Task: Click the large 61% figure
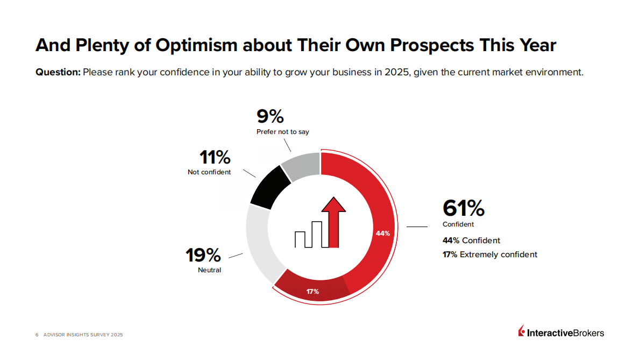pyautogui.click(x=463, y=208)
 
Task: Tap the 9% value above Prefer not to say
pyautogui.click(x=270, y=116)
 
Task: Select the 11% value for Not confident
pyautogui.click(x=215, y=158)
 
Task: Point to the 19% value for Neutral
pyautogui.click(x=203, y=255)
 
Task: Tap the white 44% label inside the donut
pyautogui.click(x=382, y=233)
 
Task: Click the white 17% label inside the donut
pyautogui.click(x=313, y=291)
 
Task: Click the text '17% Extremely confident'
pyautogui.click(x=490, y=255)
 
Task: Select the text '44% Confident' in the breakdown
pyautogui.click(x=471, y=241)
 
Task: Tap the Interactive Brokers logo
pyautogui.click(x=561, y=333)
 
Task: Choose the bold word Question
pyautogui.click(x=58, y=72)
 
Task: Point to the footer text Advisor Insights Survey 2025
pyautogui.click(x=83, y=335)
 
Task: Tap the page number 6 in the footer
pyautogui.click(x=37, y=335)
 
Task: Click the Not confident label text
pyautogui.click(x=209, y=172)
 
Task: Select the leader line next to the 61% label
pyautogui.click(x=416, y=227)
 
